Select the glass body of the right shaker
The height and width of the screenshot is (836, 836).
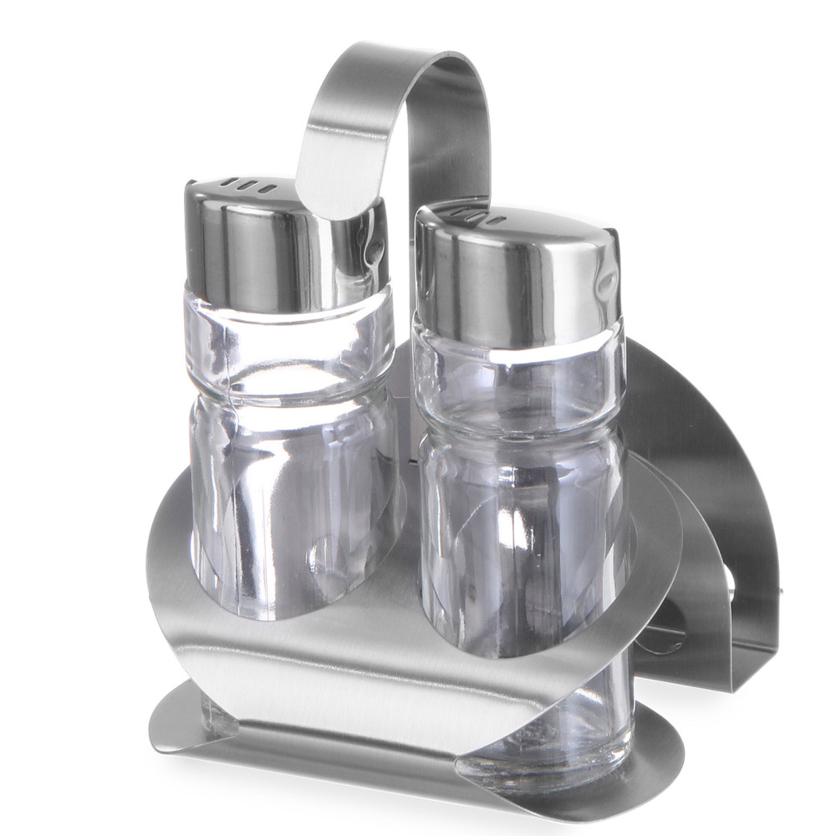[x=518, y=535]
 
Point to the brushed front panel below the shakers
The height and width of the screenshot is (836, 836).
[x=351, y=660]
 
